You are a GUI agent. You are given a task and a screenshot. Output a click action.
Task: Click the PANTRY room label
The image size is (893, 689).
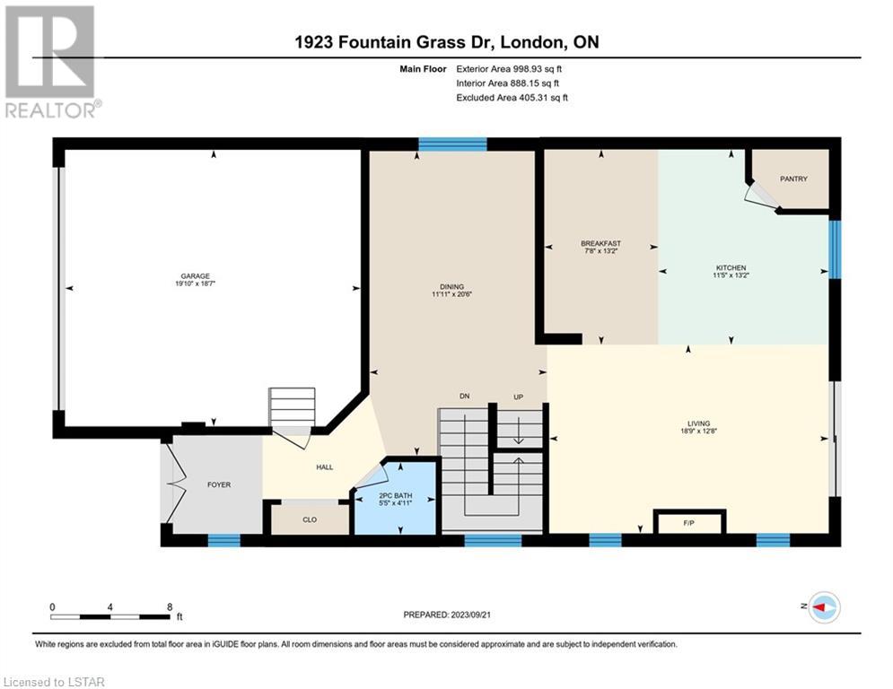[x=793, y=179]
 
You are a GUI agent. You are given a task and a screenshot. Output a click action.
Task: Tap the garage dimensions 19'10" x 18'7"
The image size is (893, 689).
[x=196, y=283]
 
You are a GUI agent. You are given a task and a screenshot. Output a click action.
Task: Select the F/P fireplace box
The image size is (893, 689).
[x=689, y=522]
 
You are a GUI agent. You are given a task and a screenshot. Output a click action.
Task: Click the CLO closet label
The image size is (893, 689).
[x=310, y=519]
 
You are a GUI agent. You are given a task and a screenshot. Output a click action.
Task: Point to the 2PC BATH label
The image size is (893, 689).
[x=395, y=496]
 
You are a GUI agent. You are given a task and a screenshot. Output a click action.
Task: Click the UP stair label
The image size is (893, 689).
[x=518, y=397]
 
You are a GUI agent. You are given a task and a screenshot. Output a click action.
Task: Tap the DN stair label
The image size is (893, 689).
[x=465, y=397]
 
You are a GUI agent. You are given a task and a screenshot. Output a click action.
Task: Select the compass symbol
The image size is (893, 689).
[x=825, y=607]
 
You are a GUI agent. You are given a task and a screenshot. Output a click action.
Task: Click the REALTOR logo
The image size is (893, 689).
[x=53, y=62]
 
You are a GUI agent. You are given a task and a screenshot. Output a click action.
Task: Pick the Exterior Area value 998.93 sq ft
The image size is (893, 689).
[x=538, y=69]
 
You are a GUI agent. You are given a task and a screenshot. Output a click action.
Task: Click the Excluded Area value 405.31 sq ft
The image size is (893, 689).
[x=543, y=98]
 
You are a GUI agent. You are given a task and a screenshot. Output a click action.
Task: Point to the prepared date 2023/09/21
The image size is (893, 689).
[x=470, y=615]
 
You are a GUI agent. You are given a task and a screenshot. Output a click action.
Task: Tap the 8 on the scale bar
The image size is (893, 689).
[x=170, y=607]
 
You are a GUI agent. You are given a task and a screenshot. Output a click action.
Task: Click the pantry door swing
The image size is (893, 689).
[x=760, y=196]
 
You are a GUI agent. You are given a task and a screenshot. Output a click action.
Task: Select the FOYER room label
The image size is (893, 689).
[x=219, y=484]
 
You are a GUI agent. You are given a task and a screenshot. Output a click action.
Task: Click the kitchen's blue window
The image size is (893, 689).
[x=835, y=249]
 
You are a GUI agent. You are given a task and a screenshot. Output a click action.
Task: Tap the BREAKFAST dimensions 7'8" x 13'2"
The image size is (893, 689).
[x=600, y=250]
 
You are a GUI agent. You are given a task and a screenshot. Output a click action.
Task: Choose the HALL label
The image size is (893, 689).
[x=325, y=467]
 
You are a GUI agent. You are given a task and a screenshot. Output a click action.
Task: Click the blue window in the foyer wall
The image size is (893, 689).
[x=223, y=540]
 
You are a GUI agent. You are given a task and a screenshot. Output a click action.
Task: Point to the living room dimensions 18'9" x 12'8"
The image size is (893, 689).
[x=699, y=431]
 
